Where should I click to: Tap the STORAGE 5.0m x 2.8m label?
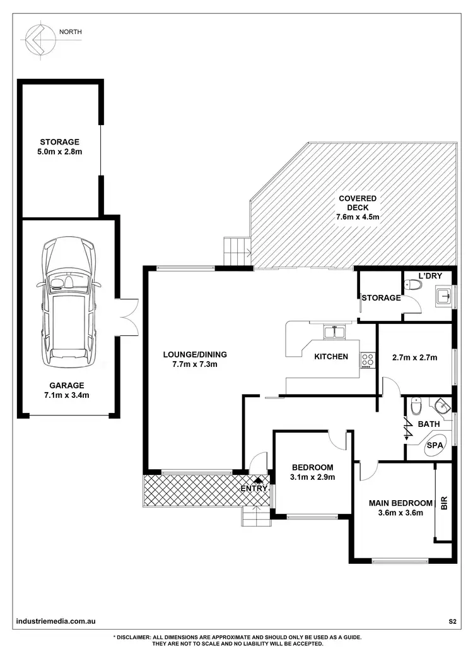[60, 147]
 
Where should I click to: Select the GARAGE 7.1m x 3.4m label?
[66, 390]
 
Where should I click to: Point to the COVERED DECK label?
[358, 208]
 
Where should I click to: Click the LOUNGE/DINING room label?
[194, 359]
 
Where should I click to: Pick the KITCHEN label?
[331, 357]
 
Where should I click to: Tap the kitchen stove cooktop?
[367, 361]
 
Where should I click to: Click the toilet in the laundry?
[412, 285]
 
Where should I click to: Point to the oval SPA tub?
[435, 445]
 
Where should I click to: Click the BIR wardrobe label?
[444, 503]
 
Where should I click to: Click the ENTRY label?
[255, 488]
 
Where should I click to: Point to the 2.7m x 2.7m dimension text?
[414, 357]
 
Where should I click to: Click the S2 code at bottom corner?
[452, 622]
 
